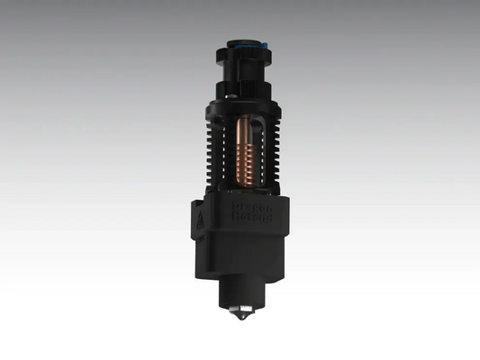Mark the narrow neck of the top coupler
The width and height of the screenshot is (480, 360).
(x=240, y=67)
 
